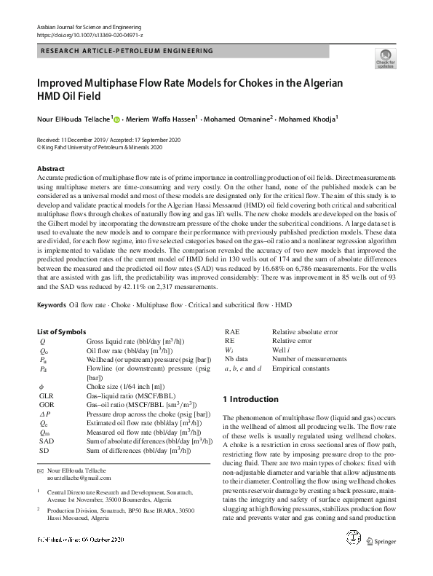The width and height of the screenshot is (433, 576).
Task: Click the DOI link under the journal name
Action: (88, 34)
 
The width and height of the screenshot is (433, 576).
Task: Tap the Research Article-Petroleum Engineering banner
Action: (125, 51)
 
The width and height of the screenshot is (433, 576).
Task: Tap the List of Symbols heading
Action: (66, 331)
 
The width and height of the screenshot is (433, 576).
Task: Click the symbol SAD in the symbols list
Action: (47, 461)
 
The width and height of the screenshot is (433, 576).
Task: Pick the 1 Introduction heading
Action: (250, 399)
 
